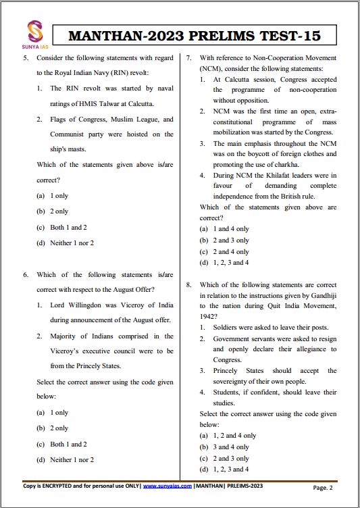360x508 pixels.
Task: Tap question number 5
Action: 26,58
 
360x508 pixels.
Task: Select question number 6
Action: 26,275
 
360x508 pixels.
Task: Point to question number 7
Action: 189,58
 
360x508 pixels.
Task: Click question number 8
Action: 189,285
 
